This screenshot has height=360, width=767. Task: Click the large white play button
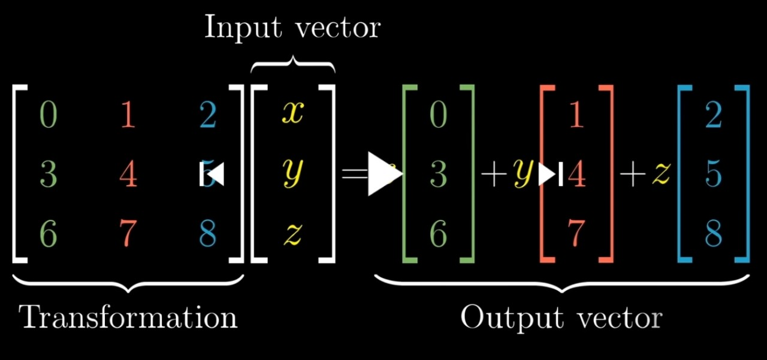coord(383,174)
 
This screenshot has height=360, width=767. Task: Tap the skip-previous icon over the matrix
coord(212,174)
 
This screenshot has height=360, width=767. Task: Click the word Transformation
coord(129,316)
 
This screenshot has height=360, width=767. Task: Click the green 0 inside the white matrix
coord(49,114)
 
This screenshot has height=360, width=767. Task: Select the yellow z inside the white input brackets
coord(293,235)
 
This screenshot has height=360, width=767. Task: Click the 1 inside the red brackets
coord(576,114)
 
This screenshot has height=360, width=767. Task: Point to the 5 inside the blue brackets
coord(714,174)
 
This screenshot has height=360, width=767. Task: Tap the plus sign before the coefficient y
coord(493,175)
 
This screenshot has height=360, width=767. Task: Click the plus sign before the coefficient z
coord(632,175)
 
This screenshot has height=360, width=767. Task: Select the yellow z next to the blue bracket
coord(661,174)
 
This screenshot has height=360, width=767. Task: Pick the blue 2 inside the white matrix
coord(207,114)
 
